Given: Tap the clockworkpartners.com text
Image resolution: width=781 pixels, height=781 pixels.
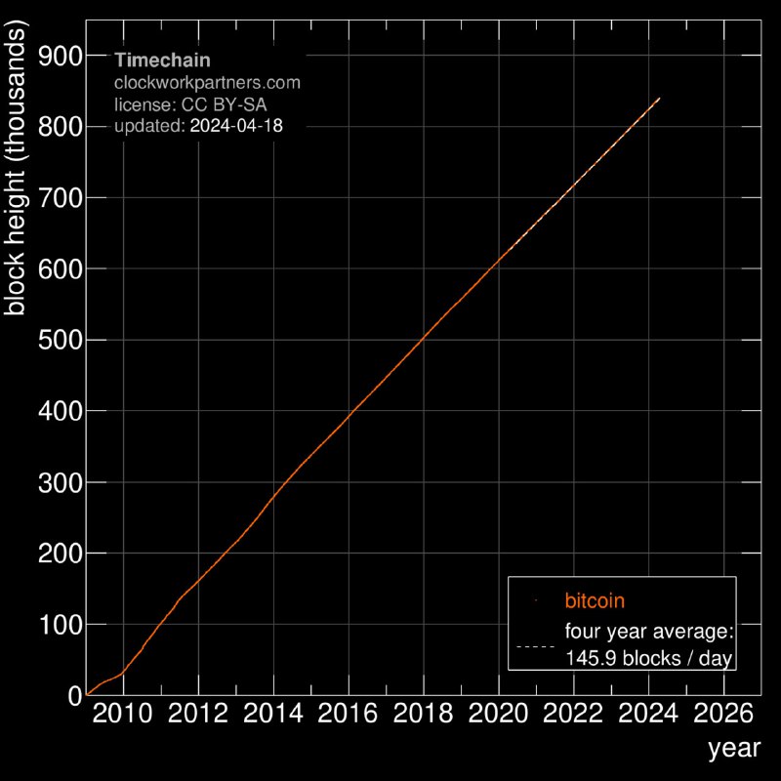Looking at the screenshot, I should click(207, 82).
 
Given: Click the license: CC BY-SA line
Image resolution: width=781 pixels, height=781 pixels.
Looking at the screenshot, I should click(190, 103).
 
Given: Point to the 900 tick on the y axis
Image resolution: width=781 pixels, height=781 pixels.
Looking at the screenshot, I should click(60, 56).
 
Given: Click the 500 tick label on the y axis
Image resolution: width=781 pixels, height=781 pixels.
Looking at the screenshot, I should click(60, 340).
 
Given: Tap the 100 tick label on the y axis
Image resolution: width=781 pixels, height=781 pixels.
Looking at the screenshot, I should click(60, 624).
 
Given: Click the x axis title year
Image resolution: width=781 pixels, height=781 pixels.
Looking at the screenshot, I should click(728, 750).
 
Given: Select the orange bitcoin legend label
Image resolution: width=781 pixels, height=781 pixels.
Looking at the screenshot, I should click(595, 599).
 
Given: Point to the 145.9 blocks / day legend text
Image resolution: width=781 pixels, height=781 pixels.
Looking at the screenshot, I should click(649, 659).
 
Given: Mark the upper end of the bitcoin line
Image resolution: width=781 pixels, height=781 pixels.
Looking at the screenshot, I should click(660, 99).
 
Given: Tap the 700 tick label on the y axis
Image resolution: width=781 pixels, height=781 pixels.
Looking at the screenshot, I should click(60, 197).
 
